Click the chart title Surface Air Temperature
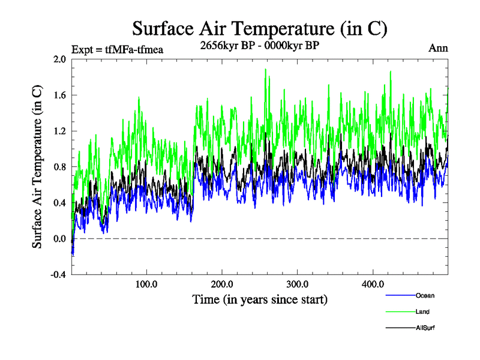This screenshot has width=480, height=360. [260, 28]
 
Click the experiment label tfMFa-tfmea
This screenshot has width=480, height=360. [117, 49]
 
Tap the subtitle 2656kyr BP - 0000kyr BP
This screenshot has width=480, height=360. [260, 45]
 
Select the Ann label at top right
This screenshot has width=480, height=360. [438, 48]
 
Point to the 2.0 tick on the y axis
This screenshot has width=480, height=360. [59, 59]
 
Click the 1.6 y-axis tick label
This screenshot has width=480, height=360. [59, 95]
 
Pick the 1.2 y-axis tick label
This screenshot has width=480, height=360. [59, 131]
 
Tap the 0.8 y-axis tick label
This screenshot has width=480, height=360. [59, 167]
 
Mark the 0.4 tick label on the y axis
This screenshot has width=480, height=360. [59, 203]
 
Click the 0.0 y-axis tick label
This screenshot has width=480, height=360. [59, 239]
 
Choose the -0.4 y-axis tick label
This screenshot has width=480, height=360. [58, 275]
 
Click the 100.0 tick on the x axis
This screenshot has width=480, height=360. [147, 284]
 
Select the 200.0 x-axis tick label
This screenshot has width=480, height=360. [222, 284]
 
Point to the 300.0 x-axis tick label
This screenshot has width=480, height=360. [298, 284]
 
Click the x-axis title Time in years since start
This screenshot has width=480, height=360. [260, 299]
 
